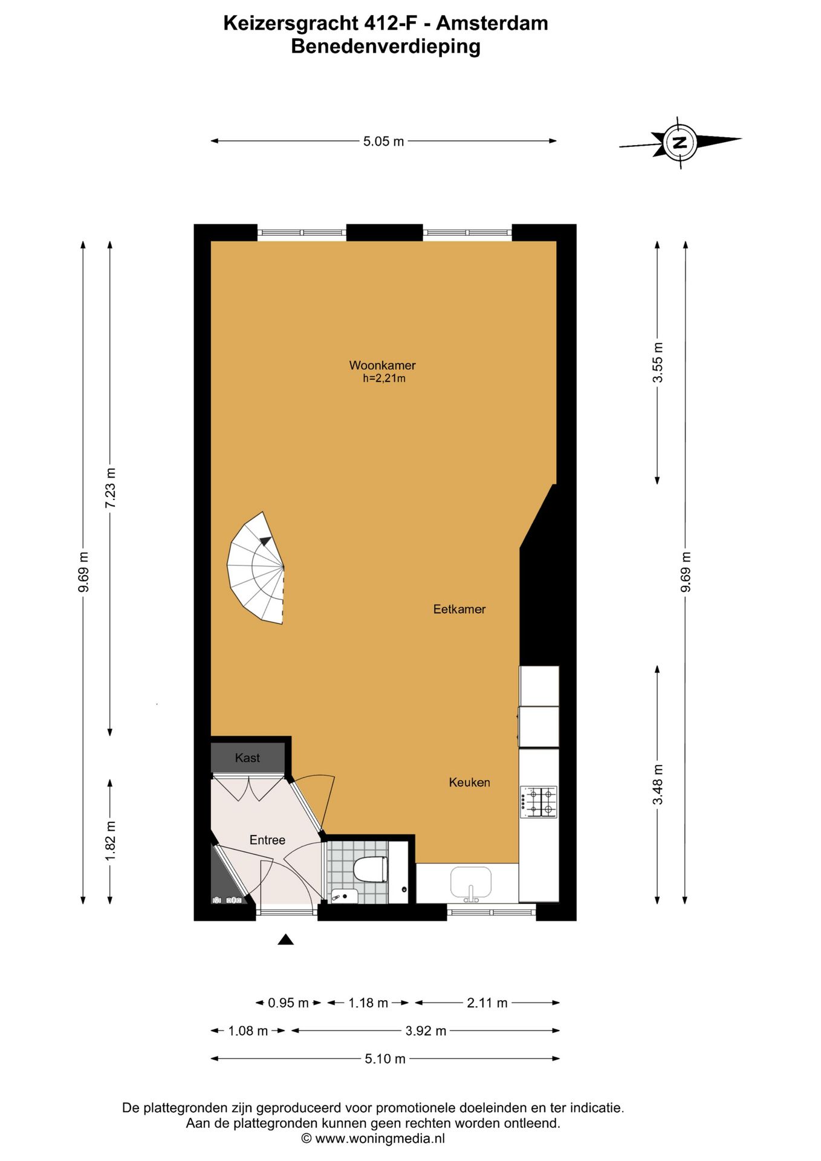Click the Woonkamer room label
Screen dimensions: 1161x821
(382, 365)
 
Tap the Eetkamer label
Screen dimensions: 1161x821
(459, 609)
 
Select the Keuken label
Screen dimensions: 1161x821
(469, 782)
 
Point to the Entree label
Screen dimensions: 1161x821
(267, 840)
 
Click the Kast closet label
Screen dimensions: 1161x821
(247, 758)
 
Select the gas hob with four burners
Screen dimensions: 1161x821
(539, 802)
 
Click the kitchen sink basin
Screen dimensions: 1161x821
(471, 882)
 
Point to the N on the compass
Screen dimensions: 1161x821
(680, 143)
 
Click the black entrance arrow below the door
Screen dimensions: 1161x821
(285, 939)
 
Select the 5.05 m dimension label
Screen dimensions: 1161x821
(383, 141)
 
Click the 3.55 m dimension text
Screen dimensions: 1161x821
(658, 362)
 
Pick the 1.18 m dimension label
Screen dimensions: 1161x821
(368, 1003)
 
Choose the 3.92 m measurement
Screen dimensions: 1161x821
(426, 1031)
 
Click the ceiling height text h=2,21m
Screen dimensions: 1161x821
(384, 379)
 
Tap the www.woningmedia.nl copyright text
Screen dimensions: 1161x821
(374, 1139)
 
